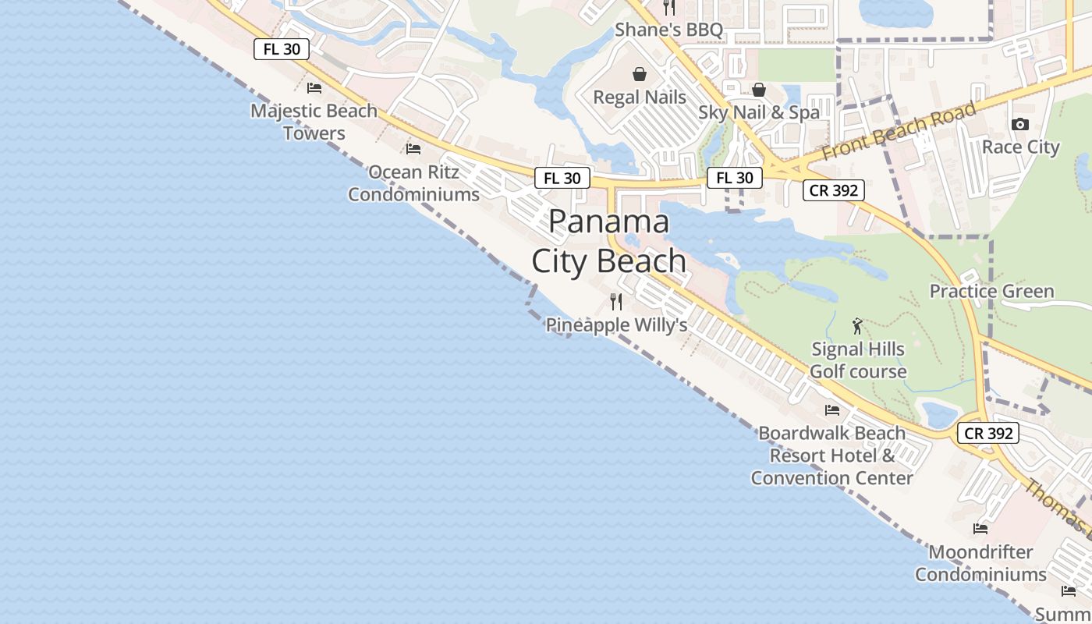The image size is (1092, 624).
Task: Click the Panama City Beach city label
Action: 609,241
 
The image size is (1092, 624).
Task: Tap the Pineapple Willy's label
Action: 616,324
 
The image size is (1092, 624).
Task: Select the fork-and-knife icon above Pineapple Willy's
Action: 616,301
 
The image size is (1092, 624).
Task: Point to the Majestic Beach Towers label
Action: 314,122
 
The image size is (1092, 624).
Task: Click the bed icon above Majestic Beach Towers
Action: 314,87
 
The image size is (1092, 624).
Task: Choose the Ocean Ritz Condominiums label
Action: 413,183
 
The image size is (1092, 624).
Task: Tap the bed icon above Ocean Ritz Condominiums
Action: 413,148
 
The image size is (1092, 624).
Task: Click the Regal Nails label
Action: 640,97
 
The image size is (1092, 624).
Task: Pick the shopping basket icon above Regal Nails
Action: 640,74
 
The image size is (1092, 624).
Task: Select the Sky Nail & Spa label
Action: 759,112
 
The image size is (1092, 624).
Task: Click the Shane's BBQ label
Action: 668,30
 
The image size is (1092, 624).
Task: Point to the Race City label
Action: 1020,147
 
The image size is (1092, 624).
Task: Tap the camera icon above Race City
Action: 1019,124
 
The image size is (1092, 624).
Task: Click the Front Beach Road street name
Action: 899,130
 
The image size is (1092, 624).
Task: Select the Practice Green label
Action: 991,291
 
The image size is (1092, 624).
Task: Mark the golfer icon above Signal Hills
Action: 858,326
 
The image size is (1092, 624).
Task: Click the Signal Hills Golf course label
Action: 858,360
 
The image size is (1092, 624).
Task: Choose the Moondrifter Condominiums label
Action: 980,563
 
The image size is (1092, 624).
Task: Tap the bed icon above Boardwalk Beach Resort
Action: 832,410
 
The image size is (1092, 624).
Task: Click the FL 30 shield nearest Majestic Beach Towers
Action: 282,49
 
